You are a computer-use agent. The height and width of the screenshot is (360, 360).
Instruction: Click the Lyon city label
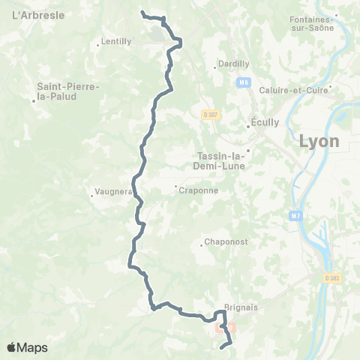319,141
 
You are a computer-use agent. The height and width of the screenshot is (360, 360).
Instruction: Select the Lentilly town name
116,42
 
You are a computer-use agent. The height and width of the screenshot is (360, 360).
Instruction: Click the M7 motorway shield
297,215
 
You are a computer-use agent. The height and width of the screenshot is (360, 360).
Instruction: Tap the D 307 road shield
209,115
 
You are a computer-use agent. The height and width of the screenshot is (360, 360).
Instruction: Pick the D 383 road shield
332,278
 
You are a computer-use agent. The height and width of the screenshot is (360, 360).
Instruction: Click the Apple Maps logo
27,347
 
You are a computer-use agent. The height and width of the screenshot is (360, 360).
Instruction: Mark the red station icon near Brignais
221,328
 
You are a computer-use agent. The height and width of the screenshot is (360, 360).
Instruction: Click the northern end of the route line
142,12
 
